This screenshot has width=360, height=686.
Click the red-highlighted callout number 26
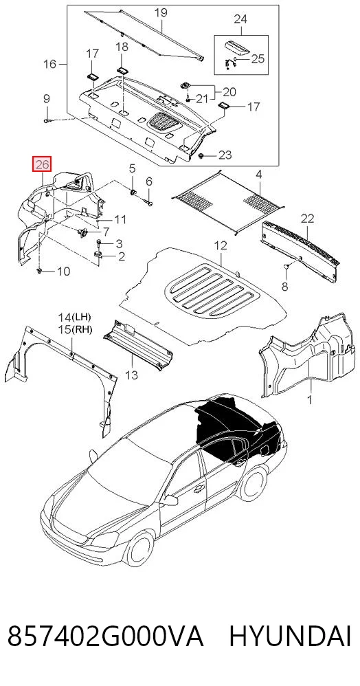tap(43, 164)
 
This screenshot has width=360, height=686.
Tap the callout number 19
tap(161, 12)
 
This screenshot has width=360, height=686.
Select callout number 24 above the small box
tap(240, 19)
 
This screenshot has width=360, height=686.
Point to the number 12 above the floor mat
tap(221, 245)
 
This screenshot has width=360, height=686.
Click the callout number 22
tap(308, 219)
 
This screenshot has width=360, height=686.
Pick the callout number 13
tap(131, 375)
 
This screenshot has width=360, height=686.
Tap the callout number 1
tap(310, 400)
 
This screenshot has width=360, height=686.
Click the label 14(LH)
tap(76, 317)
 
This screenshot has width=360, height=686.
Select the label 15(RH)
tap(76, 329)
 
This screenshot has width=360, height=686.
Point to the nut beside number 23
tap(201, 156)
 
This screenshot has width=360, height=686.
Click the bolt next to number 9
tap(47, 120)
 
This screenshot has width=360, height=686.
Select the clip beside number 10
tap(39, 272)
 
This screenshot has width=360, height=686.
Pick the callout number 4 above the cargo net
tap(259, 175)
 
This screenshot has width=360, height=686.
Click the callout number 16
tap(50, 65)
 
